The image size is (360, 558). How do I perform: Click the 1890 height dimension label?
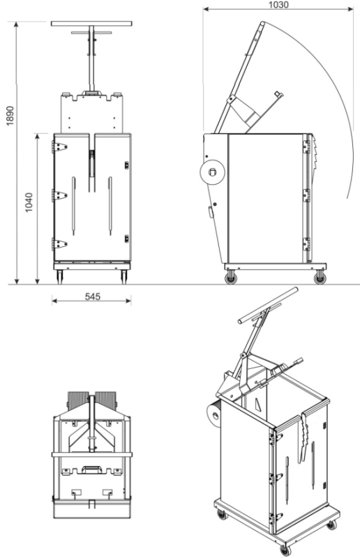(x=10, y=115)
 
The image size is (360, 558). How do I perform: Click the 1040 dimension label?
(x=29, y=202)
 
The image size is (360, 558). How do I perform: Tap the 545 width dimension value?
(x=93, y=296)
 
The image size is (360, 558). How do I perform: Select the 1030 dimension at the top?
(x=278, y=5)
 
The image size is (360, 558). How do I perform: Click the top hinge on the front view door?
(x=59, y=146)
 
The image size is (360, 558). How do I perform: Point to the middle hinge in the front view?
(x=59, y=195)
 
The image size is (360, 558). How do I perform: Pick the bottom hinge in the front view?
(x=59, y=243)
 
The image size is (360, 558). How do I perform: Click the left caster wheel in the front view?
(x=60, y=276)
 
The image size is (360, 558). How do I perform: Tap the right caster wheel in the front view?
(x=124, y=276)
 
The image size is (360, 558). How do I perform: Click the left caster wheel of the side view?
(x=231, y=277)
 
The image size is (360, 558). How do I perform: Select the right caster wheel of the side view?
(x=320, y=277)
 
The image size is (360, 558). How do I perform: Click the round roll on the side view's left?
(x=212, y=172)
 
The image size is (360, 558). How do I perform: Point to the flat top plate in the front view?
(x=92, y=24)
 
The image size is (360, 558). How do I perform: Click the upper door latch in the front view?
(x=126, y=165)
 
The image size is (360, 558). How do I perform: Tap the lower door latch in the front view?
(x=126, y=239)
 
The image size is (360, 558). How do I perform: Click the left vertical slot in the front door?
(x=74, y=206)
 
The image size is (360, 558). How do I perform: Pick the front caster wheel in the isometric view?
(x=285, y=550)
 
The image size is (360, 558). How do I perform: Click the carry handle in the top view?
(x=91, y=469)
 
